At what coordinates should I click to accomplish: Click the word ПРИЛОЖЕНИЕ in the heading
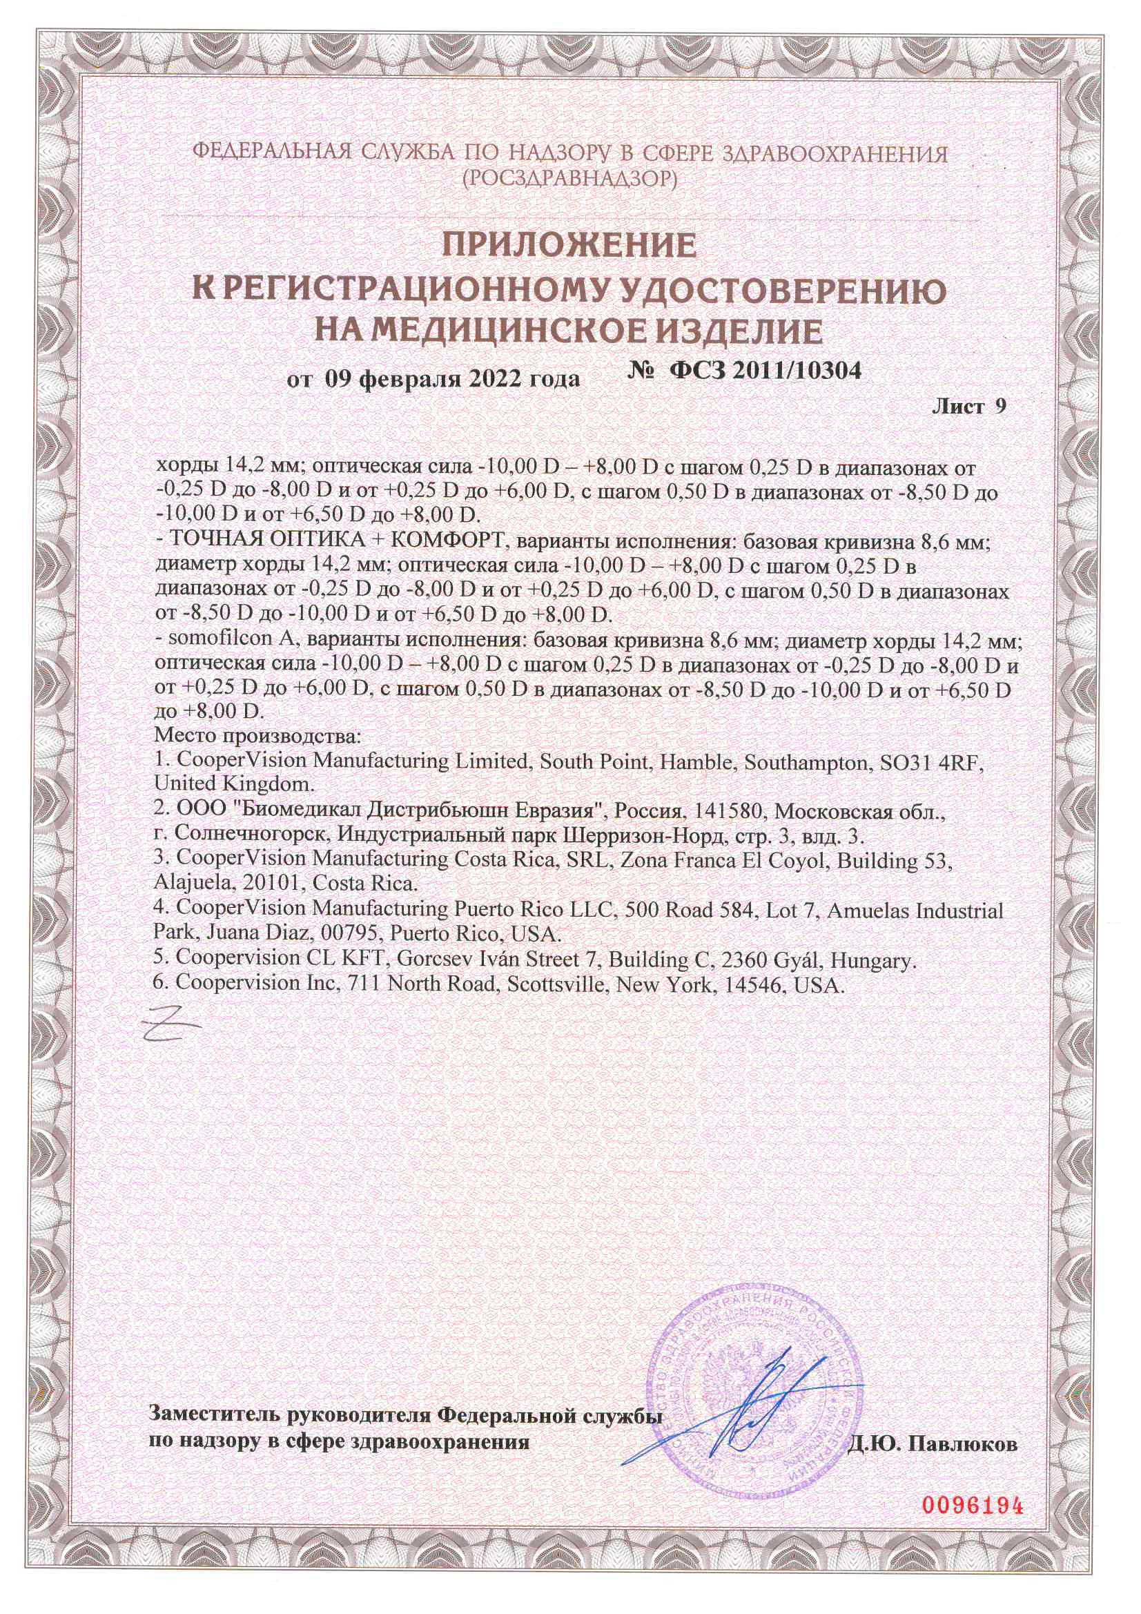[569, 245]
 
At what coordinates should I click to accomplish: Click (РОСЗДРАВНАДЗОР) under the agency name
[569, 180]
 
